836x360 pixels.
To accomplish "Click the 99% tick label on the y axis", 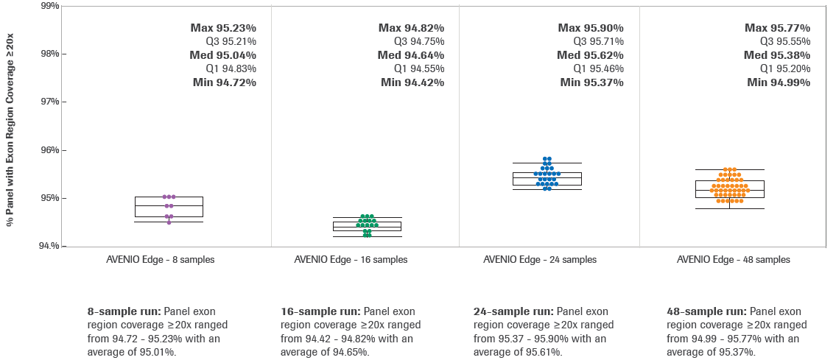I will point(50,6).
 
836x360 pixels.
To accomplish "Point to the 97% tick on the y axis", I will point(50,102).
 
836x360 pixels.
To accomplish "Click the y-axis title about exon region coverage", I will point(10,124).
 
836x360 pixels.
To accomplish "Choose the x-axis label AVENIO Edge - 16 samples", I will point(351,260).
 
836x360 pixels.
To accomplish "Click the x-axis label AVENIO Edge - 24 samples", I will point(540,260).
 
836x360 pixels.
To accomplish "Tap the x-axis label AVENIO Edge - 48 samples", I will point(734,260).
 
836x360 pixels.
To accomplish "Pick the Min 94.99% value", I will point(779,82).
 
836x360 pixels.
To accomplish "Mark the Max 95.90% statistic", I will point(591,28).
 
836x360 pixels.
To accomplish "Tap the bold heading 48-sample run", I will point(705,311).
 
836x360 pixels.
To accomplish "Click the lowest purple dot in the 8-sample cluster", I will point(169,222).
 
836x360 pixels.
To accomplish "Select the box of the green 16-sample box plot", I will point(367,226).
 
